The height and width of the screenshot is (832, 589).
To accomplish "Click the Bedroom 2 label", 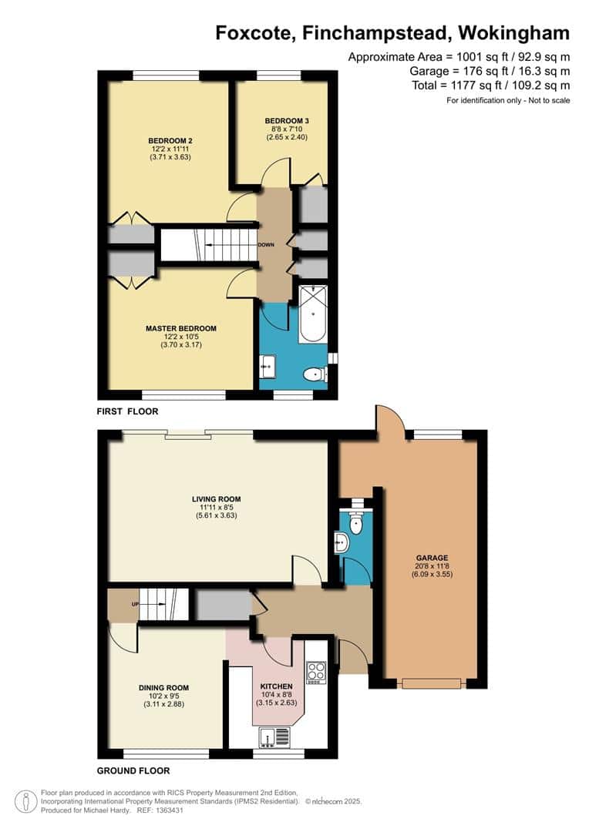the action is tap(170, 141).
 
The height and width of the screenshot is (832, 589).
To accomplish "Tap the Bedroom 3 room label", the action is tap(287, 121).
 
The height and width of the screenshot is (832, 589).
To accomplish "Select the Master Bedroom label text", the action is tap(181, 328).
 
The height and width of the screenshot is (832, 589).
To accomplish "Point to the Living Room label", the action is tap(216, 498).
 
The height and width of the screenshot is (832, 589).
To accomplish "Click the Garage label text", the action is tap(432, 558).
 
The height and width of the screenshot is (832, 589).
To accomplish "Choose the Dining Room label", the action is tap(163, 688).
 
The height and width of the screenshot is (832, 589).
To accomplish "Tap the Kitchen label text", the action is tap(277, 686).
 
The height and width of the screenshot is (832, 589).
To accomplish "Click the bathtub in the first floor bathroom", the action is tap(313, 314).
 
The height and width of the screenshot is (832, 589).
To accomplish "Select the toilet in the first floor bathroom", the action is tap(316, 374).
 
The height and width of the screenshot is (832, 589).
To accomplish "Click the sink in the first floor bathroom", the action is tap(268, 366).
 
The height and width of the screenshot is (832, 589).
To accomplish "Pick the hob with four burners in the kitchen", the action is tap(316, 673).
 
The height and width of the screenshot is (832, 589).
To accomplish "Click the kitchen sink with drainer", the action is tap(275, 737).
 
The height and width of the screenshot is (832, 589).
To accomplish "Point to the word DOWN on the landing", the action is tap(266, 245).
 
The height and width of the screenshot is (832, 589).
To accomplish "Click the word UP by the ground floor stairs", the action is tap(136, 605).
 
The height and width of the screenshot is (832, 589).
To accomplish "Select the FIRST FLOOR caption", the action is tap(127, 411).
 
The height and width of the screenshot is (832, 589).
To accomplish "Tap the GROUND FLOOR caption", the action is tap(133, 770).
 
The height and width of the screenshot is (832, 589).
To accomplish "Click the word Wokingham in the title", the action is tap(514, 33).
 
